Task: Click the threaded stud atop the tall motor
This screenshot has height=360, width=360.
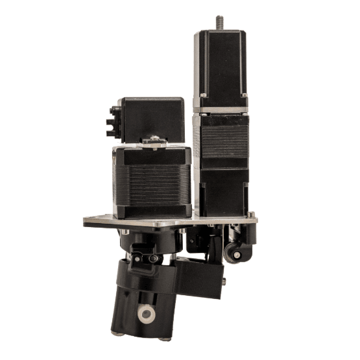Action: pos(220,22)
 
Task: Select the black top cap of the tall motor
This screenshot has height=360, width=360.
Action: pos(221,62)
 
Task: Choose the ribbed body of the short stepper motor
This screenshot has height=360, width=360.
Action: pos(152,182)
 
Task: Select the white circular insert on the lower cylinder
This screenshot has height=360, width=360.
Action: pos(146,315)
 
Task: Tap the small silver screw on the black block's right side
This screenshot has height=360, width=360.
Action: pos(224,282)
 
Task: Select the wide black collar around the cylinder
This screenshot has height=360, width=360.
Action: pos(146,280)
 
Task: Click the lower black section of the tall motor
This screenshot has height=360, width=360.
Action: pos(224,191)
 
